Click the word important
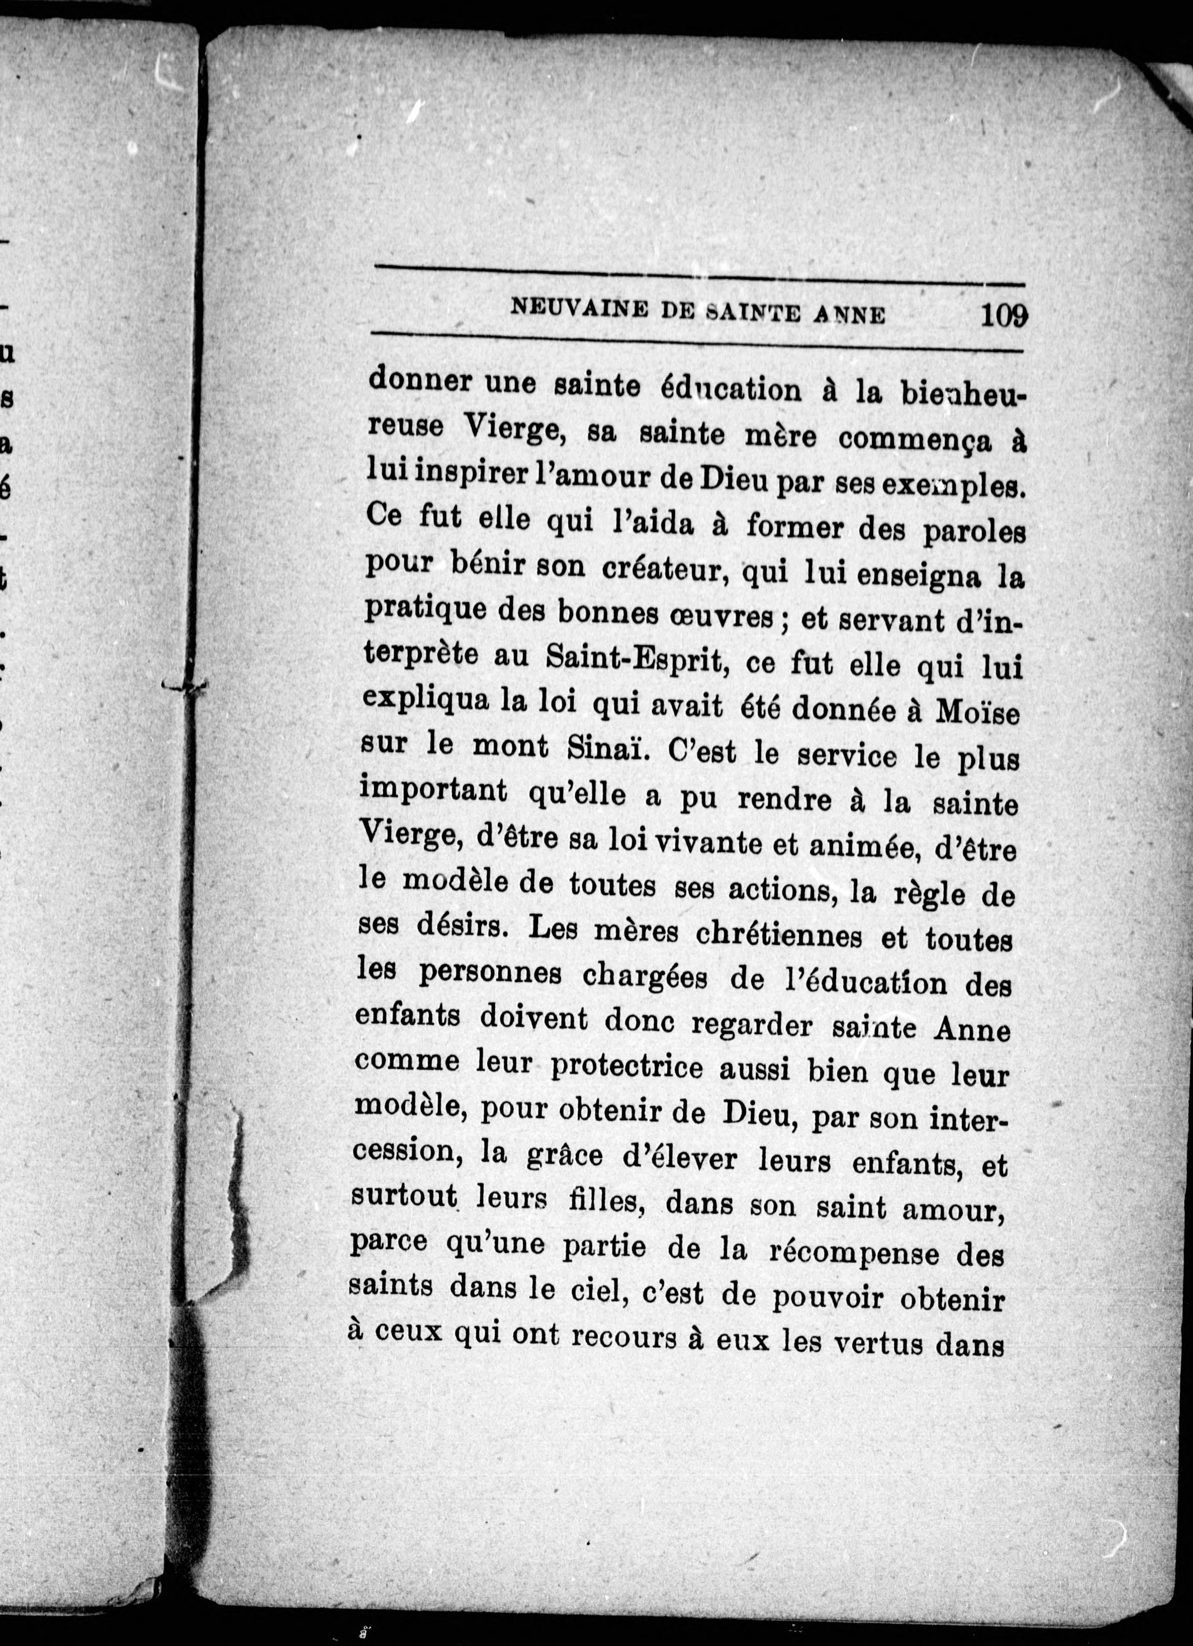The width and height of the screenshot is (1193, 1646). tap(433, 790)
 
